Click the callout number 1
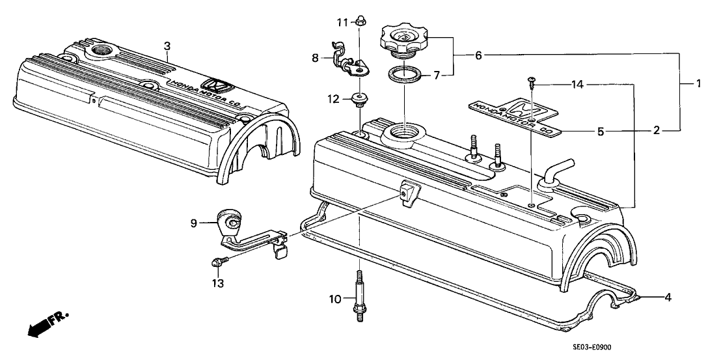[698, 83]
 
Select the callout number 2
[657, 131]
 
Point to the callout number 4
[667, 298]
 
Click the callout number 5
[601, 132]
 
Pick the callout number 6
[478, 56]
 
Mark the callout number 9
[193, 223]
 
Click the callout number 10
[334, 300]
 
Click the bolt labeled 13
[217, 262]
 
